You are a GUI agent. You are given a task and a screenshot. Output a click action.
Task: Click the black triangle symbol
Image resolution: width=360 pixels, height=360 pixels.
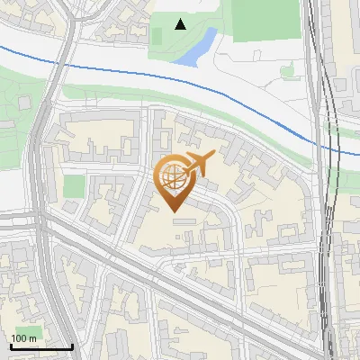[181, 24]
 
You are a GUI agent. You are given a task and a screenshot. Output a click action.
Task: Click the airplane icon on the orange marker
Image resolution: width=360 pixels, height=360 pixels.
[198, 163]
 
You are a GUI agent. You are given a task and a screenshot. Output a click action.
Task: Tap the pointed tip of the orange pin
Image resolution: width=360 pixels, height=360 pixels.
[173, 211]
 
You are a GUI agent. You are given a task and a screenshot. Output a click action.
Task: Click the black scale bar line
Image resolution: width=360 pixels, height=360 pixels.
[40, 346]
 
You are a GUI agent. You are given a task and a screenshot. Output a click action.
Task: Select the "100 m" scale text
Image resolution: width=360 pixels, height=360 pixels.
[23, 338]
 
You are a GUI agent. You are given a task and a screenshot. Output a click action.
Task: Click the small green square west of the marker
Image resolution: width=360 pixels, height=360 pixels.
[74, 187]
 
